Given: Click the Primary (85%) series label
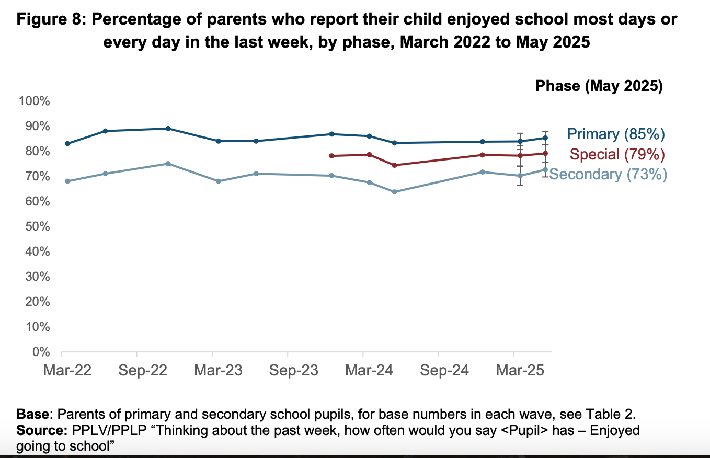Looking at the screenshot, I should [616, 134].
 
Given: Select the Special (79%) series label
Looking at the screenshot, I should [617, 154].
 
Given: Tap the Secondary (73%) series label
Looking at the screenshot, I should [608, 174].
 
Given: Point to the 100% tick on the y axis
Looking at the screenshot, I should [35, 101].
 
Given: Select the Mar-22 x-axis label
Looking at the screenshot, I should [67, 371].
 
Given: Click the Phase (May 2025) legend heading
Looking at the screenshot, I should [599, 86].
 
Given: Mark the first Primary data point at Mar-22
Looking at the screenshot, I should [67, 143].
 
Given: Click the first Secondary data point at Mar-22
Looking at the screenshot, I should [67, 181].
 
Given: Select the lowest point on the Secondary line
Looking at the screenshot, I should [394, 192].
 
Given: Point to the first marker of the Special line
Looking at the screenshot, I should [331, 156].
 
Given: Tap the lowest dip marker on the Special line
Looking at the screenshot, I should [394, 165].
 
